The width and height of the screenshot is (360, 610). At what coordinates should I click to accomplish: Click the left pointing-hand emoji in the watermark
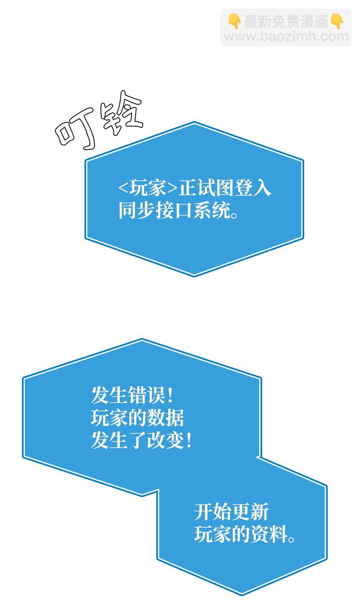point(234,21)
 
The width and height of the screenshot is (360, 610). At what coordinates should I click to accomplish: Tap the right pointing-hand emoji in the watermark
point(338,21)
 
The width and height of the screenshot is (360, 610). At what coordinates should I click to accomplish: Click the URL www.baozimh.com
point(286,36)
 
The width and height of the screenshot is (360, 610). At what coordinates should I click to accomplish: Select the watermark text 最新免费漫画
point(286,21)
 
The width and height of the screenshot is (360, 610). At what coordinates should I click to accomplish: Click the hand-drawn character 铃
point(121,110)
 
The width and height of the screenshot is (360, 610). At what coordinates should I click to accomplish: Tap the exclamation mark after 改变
point(189,441)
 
